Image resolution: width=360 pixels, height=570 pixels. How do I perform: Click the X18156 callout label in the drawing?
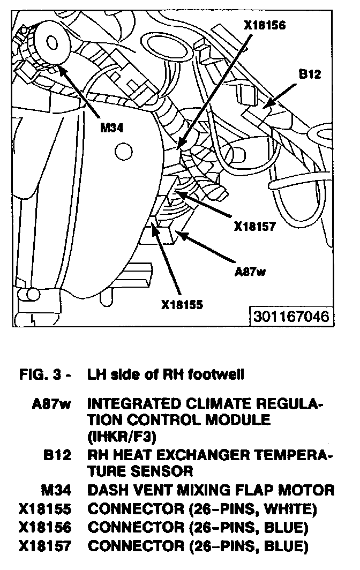tap(264, 25)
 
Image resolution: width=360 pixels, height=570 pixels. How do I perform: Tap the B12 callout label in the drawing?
tap(310, 74)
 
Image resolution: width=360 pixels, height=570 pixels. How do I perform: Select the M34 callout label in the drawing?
tap(113, 129)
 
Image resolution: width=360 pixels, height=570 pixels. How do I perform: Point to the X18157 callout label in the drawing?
tap(255, 226)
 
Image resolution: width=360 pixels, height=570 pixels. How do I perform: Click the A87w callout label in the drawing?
tap(250, 271)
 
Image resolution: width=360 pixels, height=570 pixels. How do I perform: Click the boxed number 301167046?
tap(290, 316)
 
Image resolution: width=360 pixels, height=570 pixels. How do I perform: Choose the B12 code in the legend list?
tap(58, 456)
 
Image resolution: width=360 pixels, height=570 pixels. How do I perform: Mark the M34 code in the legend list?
tap(56, 490)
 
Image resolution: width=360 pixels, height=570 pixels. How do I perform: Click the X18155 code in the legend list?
tap(45, 508)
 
